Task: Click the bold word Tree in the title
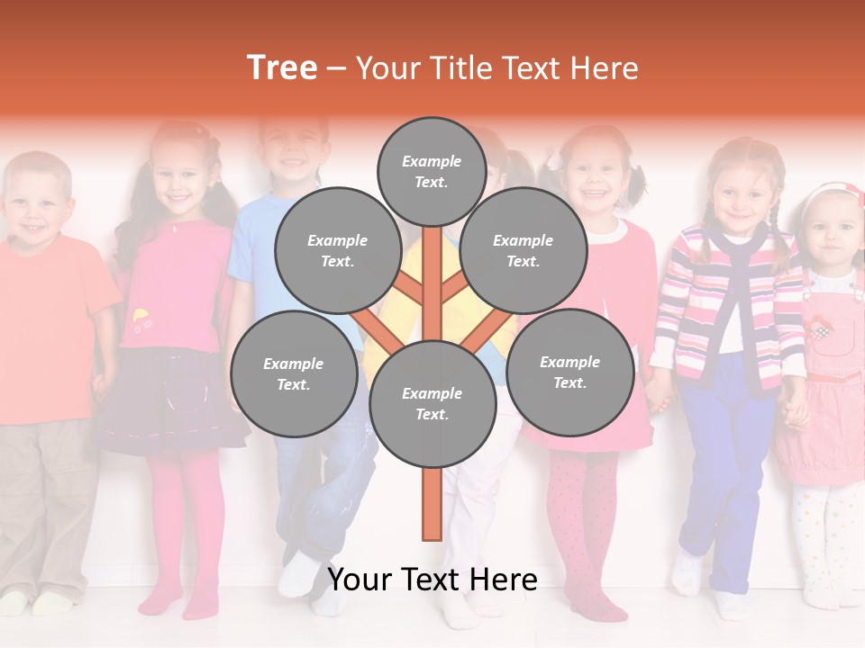(282, 68)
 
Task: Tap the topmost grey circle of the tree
(432, 171)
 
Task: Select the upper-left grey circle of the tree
(337, 251)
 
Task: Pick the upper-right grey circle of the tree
(524, 251)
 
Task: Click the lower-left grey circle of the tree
(294, 373)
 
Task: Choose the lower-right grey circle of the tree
(569, 372)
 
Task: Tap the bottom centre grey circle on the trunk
(432, 403)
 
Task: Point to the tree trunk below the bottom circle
(432, 504)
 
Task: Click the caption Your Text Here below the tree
(432, 580)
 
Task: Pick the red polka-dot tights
(581, 522)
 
